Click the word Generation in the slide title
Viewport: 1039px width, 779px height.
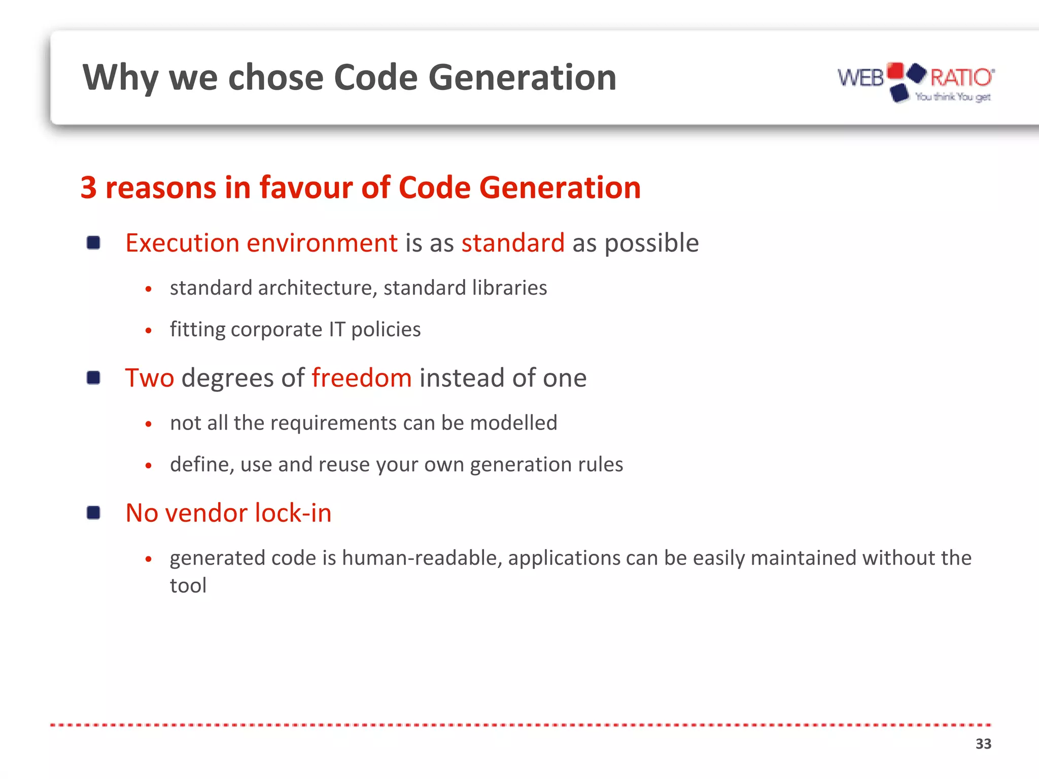[522, 78]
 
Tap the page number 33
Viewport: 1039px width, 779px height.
[983, 743]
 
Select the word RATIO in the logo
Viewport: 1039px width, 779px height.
[960, 78]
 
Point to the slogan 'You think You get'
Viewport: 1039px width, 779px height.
[952, 96]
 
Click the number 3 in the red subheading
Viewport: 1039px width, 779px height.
[89, 188]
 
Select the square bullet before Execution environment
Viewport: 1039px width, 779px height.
[93, 243]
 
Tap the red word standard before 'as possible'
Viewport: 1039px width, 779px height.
[512, 243]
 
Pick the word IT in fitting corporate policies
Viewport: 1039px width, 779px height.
[337, 329]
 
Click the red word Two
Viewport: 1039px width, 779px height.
[150, 378]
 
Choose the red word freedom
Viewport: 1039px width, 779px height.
[361, 378]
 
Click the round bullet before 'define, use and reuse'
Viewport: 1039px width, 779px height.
[148, 465]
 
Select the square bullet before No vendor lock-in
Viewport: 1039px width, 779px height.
[93, 513]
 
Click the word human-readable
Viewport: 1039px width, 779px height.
[422, 558]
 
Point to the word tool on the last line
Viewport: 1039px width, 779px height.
[188, 585]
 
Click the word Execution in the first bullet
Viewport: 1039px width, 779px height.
[182, 243]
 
